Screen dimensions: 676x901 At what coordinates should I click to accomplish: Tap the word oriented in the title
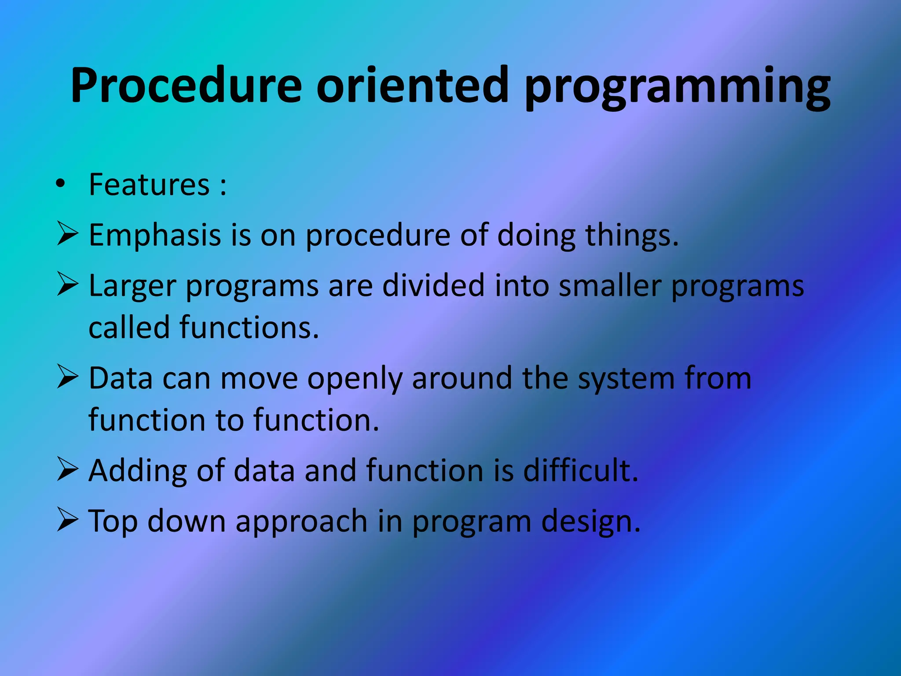tap(412, 84)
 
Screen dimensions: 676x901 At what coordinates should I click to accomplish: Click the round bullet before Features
tap(60, 184)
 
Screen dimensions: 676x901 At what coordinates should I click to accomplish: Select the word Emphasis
tap(154, 235)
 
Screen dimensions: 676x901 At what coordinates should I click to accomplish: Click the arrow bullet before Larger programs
tap(67, 284)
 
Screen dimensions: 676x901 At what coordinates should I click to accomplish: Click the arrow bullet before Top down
tap(67, 520)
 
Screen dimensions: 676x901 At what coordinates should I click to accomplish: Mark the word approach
tap(301, 522)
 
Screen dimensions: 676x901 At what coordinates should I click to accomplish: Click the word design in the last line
tap(590, 522)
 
